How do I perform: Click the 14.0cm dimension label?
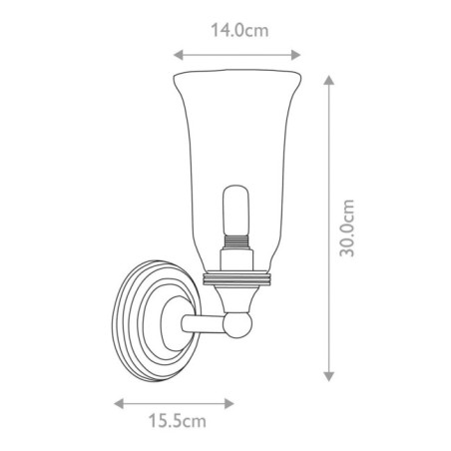point(237,31)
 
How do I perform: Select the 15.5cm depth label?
point(176,421)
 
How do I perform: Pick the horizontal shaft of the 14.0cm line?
point(237,55)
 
